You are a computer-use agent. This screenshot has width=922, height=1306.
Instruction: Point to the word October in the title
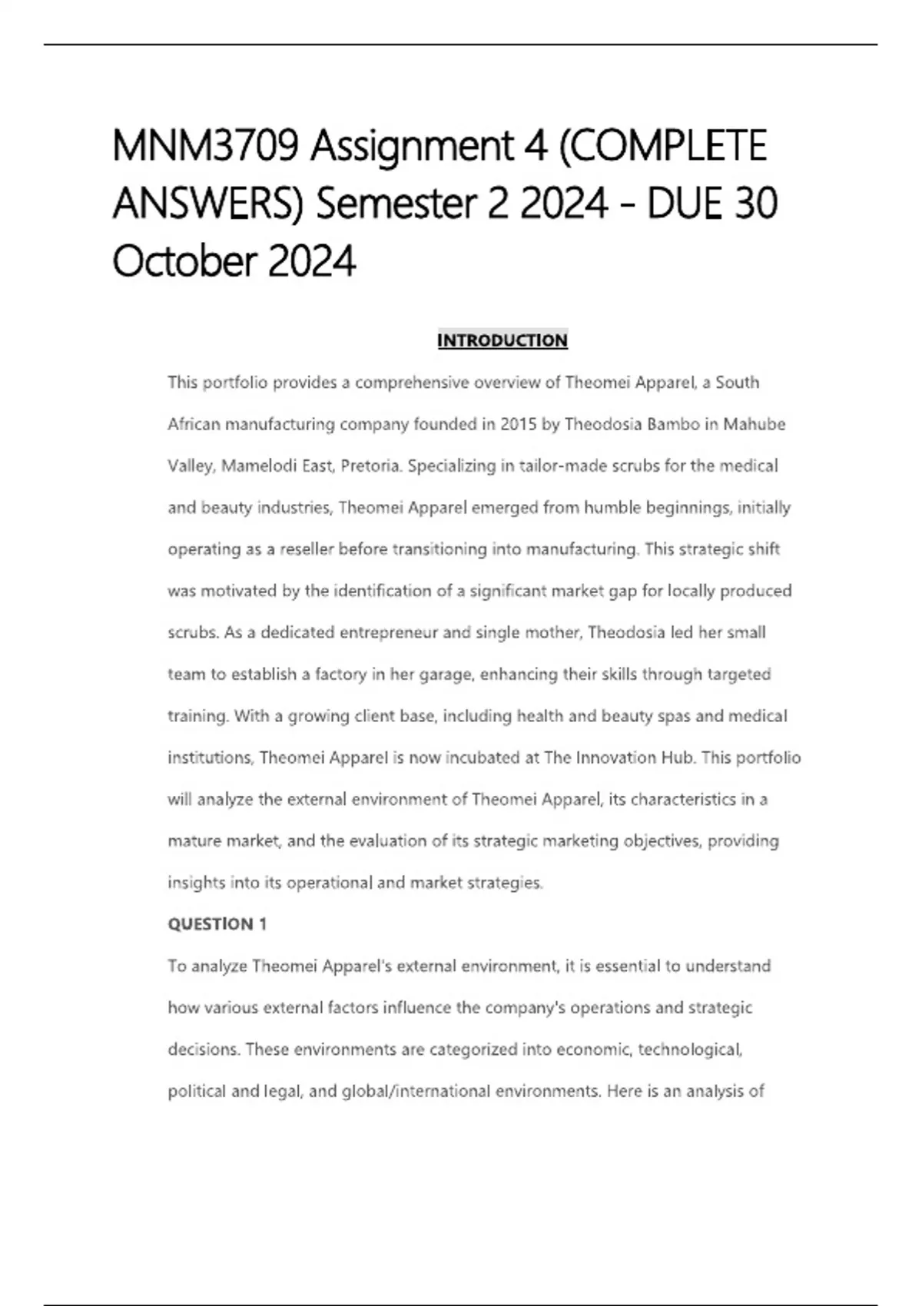click(184, 261)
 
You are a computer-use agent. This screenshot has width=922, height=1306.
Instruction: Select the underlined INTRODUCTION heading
click(502, 340)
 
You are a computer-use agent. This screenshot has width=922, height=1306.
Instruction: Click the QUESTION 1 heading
click(217, 924)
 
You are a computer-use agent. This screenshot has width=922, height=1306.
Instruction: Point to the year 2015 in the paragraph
click(519, 424)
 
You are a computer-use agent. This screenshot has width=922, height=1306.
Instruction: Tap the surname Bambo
click(672, 424)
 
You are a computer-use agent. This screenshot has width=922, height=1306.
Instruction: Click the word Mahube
click(755, 424)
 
